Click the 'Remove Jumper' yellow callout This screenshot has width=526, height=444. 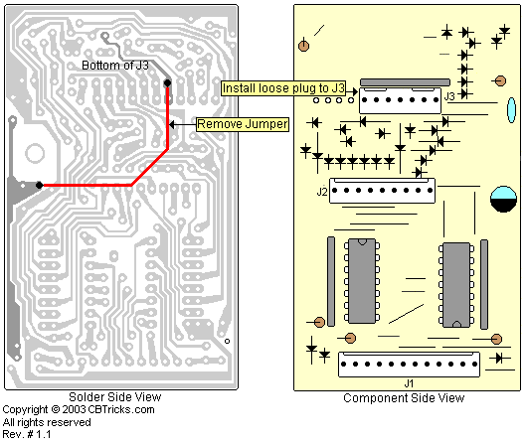point(243,124)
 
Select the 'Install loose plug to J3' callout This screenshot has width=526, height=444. point(283,88)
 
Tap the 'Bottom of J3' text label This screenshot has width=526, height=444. point(115,65)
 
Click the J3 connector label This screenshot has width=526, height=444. point(449,96)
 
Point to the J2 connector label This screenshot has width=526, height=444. point(322,192)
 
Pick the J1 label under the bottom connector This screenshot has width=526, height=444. point(409,383)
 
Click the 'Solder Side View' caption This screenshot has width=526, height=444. point(114,397)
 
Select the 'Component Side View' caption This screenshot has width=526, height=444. point(404,398)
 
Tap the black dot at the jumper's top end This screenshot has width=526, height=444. point(167,82)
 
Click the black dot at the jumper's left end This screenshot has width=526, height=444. point(39,185)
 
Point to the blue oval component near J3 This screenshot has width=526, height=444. point(511,110)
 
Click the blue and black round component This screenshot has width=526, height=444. point(503,199)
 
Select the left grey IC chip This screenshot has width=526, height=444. point(362,281)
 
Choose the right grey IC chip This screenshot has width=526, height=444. point(456,285)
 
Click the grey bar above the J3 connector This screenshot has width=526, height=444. point(405,82)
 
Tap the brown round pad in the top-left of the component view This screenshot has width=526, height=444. point(303,46)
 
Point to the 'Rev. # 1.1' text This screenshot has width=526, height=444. point(27,435)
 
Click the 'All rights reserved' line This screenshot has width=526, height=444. point(47,422)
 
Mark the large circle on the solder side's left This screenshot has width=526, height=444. point(35,154)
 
